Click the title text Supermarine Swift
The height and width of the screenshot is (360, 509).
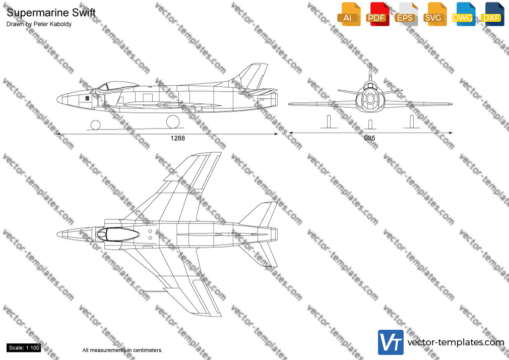point(51,13)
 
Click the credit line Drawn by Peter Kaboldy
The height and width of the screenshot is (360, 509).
point(39,24)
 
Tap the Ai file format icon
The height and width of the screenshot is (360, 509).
point(349,14)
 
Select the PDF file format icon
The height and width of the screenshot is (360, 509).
point(377,14)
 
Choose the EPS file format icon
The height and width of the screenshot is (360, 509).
point(406,14)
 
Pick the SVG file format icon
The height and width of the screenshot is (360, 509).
point(434,14)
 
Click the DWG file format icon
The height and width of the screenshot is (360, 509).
point(464,14)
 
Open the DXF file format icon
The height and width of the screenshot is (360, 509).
point(492,14)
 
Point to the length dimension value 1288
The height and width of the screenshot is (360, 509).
point(177,138)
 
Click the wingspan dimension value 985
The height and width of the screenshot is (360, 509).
point(369,138)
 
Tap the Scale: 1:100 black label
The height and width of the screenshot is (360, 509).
point(24,348)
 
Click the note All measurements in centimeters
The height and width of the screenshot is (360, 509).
point(122,350)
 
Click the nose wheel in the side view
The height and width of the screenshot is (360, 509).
point(95,125)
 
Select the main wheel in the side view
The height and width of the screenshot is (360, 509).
point(173,122)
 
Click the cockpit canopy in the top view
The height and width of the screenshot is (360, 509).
point(117,234)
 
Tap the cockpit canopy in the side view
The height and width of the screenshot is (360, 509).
point(116,86)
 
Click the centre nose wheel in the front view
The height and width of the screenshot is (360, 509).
point(370,124)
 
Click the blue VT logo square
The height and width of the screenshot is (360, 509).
point(391,342)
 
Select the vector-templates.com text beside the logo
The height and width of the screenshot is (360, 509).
point(456,342)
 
